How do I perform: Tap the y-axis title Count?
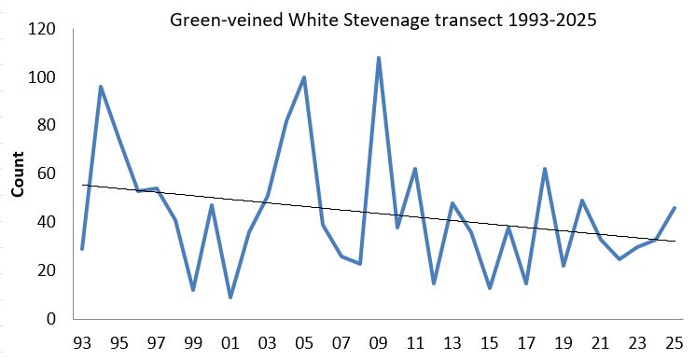tap(18, 175)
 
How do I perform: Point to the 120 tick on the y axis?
tap(43, 29)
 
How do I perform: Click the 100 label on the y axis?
tap(43, 77)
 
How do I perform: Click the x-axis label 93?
tap(82, 341)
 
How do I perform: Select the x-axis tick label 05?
tap(303, 341)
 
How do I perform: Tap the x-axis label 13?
tap(452, 341)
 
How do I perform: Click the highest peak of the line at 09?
tap(378, 58)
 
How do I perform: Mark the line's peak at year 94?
tap(101, 87)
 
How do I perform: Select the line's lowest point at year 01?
tap(230, 297)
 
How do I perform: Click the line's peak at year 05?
tap(304, 77)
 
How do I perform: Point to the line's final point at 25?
tap(674, 208)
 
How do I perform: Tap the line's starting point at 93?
tap(82, 248)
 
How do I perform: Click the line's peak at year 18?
tap(544, 169)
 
